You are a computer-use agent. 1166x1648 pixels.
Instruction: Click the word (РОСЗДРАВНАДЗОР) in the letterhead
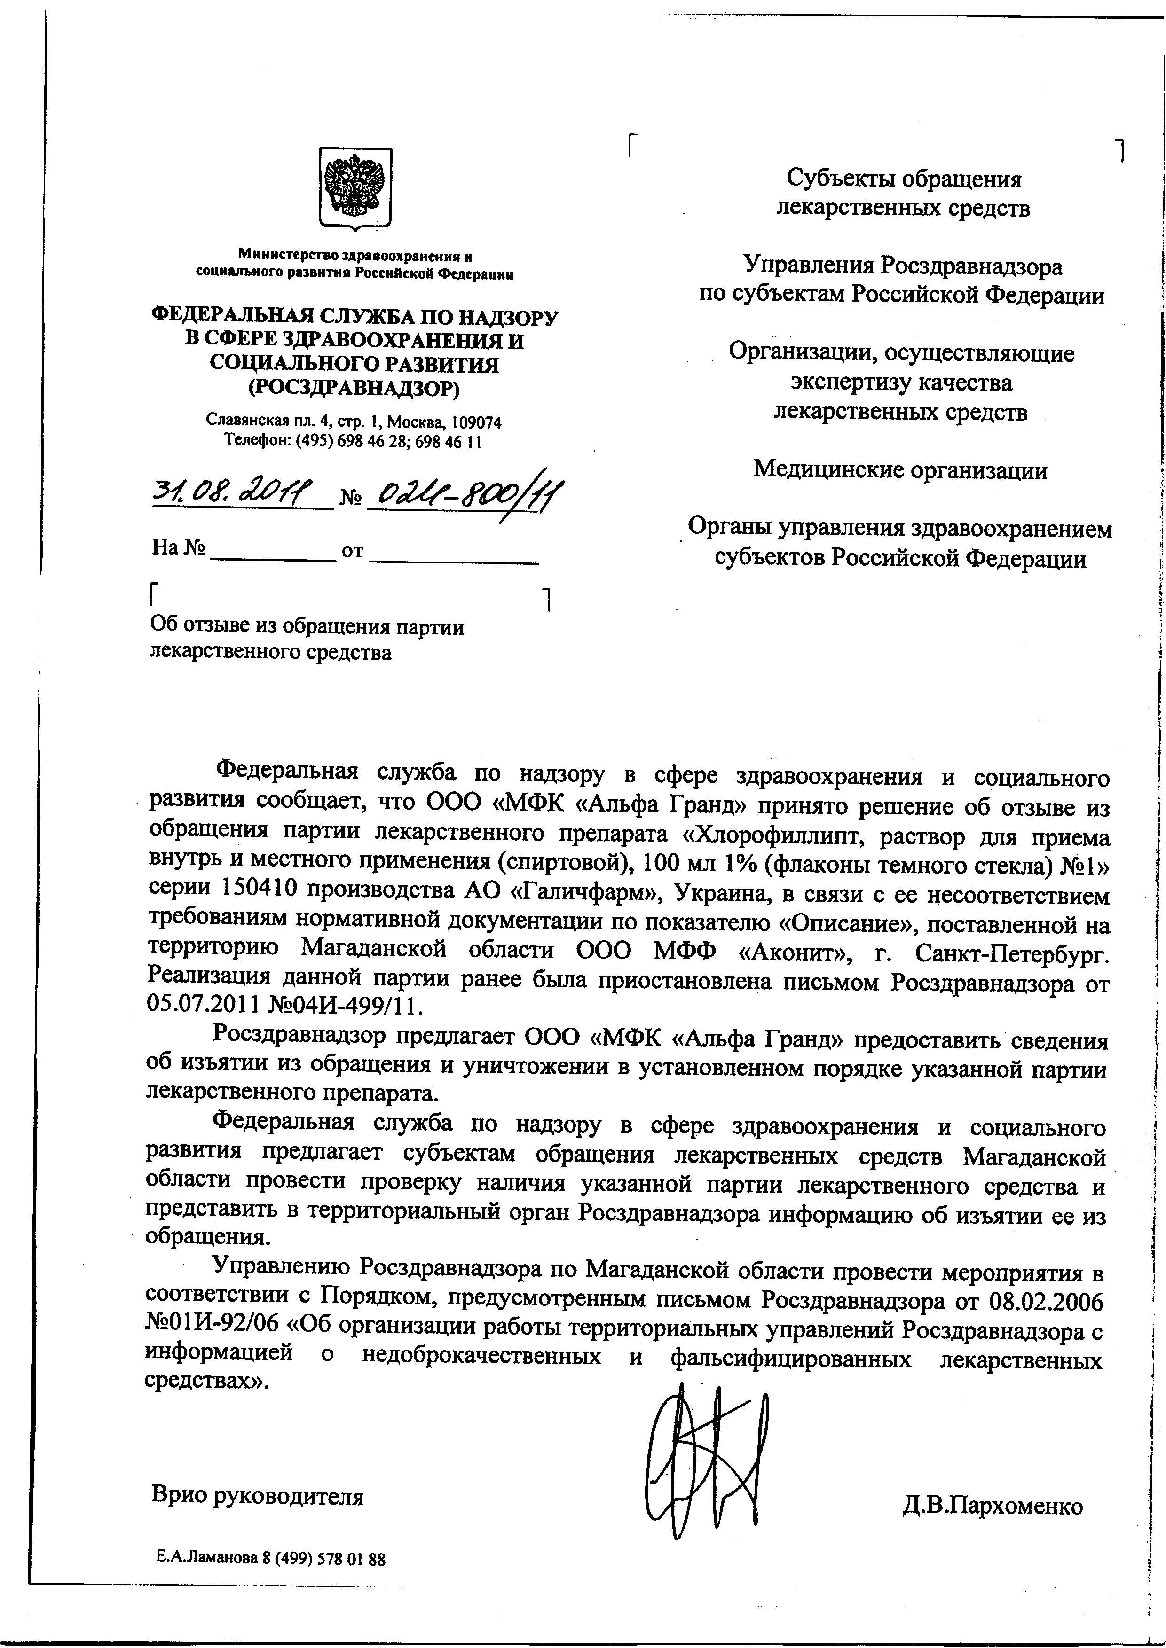point(354,388)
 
